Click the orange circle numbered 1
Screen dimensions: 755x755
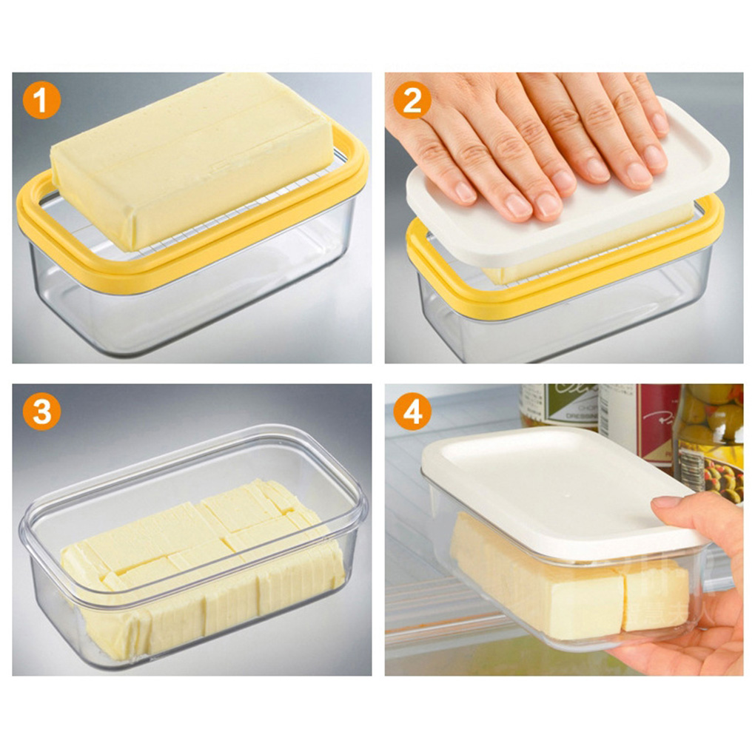click(41, 101)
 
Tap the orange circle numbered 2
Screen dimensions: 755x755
click(412, 101)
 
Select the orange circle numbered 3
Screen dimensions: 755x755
click(41, 412)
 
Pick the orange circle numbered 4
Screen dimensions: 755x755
click(412, 412)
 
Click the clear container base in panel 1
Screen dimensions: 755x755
click(185, 311)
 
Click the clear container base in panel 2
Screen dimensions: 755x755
click(563, 326)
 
